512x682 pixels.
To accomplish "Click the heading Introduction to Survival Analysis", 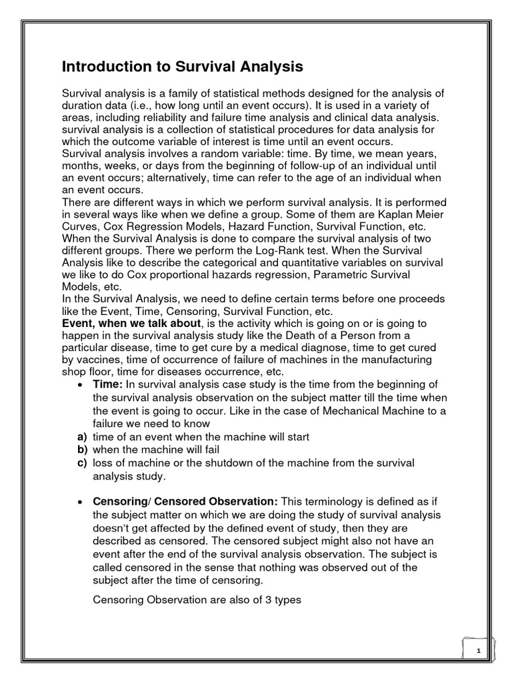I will pyautogui.click(x=183, y=67).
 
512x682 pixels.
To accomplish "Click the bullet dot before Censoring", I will pyautogui.click(x=81, y=501).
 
